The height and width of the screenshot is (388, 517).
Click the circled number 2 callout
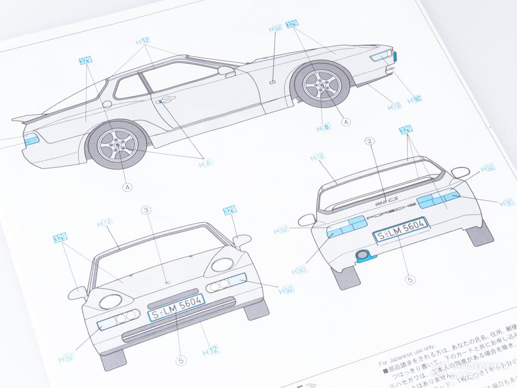tap(369, 141)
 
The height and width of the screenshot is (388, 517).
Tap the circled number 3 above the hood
tap(146, 210)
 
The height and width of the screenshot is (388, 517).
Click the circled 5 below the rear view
tap(410, 280)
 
